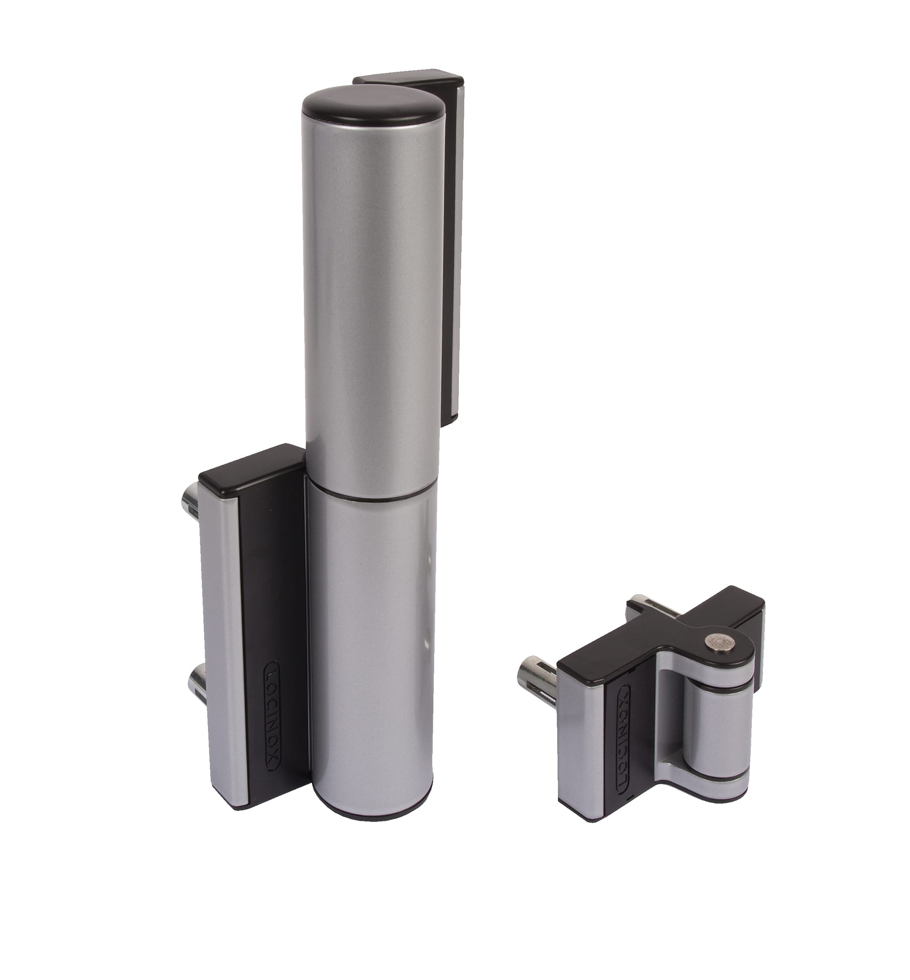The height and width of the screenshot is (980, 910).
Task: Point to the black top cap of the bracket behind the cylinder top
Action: click(409, 79)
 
